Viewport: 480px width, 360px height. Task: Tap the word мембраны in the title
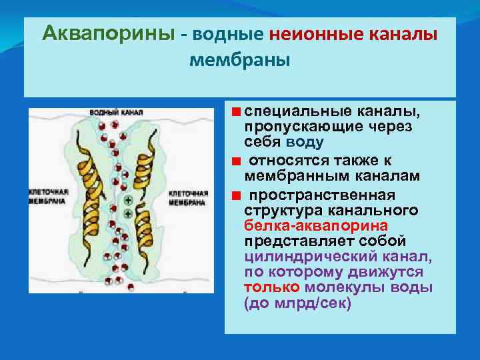click(240, 61)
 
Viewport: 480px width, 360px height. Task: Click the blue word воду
click(305, 142)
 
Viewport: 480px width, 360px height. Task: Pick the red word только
click(272, 287)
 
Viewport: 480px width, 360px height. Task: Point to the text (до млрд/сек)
click(297, 303)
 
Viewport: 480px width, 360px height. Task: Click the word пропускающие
click(291, 126)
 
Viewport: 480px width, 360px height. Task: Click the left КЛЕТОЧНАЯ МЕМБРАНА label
click(46, 195)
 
